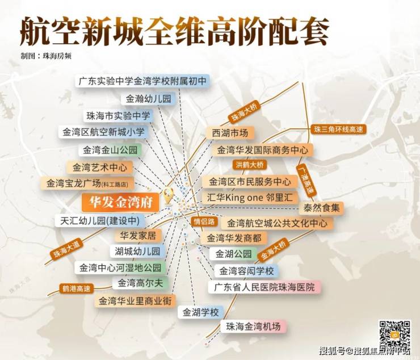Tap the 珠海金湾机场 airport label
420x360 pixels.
[x=253, y=326]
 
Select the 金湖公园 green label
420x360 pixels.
[x=233, y=253]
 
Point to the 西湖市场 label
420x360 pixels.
[x=230, y=133]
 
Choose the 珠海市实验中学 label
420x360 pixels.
[x=118, y=116]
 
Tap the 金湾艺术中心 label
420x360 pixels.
[x=99, y=167]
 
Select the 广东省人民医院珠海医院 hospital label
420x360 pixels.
[x=264, y=287]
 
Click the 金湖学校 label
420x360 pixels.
[x=200, y=312]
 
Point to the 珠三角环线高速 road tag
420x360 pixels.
[x=338, y=129]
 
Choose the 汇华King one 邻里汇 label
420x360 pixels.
[x=250, y=198]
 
